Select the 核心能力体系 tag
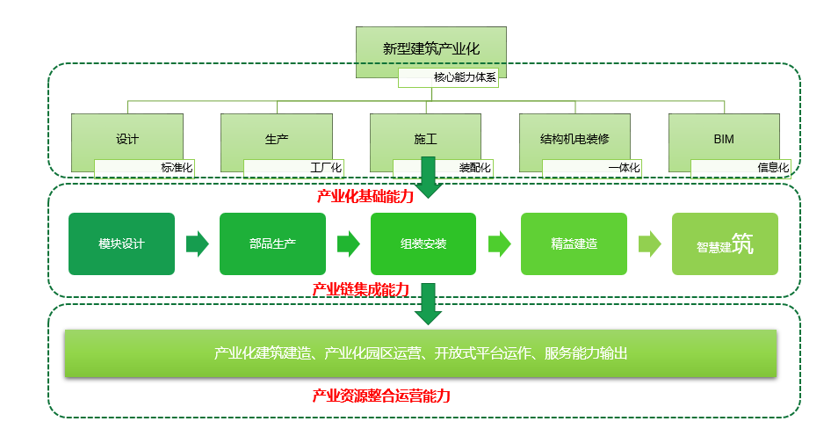[x=448, y=77]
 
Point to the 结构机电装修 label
[x=574, y=139]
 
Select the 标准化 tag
[x=144, y=168]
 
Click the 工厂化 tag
[x=293, y=168]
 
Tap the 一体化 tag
[x=592, y=168]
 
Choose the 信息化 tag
[x=741, y=168]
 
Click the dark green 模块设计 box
[x=121, y=244]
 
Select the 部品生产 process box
[x=272, y=244]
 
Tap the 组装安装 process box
[x=423, y=244]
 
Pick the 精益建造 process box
[x=574, y=244]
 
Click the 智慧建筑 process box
[x=725, y=244]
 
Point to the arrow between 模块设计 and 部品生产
[x=198, y=244]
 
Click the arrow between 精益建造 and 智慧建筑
[x=650, y=244]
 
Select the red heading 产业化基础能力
[x=365, y=196]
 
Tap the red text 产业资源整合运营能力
[x=381, y=396]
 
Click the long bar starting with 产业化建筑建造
[x=421, y=353]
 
